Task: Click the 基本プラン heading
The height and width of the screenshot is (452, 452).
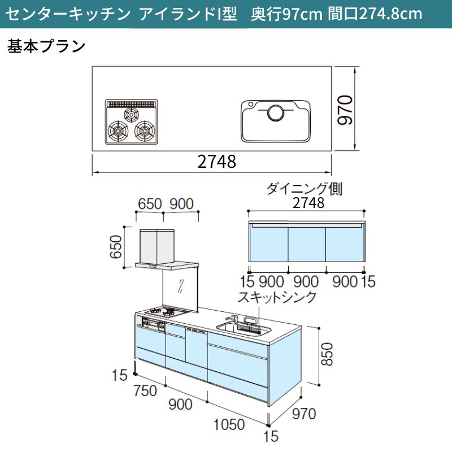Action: click(x=46, y=46)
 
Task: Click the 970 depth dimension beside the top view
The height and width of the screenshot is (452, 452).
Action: click(x=345, y=110)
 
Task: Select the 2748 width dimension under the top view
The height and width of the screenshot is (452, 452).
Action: click(x=217, y=162)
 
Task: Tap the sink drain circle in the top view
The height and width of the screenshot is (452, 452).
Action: click(x=276, y=112)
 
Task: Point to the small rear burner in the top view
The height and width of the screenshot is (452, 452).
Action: click(x=131, y=115)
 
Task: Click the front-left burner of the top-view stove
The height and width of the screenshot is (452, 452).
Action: click(x=118, y=131)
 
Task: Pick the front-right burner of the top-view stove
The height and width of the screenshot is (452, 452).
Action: click(x=145, y=131)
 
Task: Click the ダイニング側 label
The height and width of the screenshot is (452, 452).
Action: click(x=304, y=189)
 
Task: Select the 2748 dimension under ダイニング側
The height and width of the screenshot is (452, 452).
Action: click(x=308, y=203)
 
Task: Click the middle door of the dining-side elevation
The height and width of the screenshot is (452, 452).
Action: click(x=307, y=245)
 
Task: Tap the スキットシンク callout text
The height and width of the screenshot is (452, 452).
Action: click(x=277, y=297)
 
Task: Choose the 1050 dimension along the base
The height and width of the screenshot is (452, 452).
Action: click(x=229, y=424)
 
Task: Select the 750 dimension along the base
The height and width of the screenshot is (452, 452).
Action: click(x=145, y=390)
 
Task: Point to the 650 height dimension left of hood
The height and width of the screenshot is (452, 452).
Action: click(x=116, y=247)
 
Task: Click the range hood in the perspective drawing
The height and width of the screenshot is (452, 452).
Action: click(x=167, y=250)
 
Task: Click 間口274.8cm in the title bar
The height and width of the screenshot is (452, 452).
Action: click(x=375, y=14)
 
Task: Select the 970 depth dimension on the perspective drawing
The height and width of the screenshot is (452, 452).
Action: click(x=304, y=414)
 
